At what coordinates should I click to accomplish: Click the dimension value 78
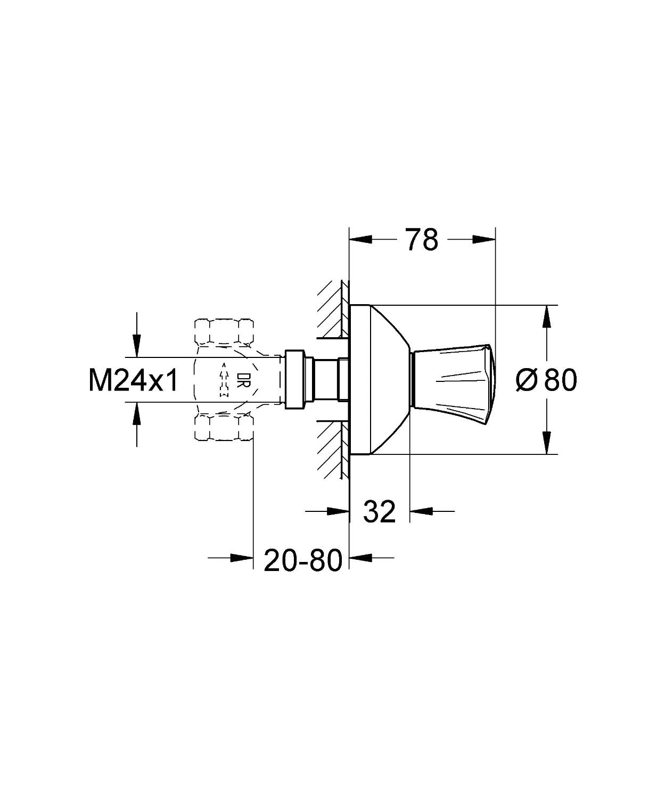click(422, 240)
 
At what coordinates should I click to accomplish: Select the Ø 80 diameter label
click(547, 380)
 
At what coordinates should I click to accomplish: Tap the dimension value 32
click(380, 512)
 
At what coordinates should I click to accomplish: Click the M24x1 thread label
click(134, 381)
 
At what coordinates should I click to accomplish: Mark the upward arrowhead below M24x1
click(137, 413)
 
